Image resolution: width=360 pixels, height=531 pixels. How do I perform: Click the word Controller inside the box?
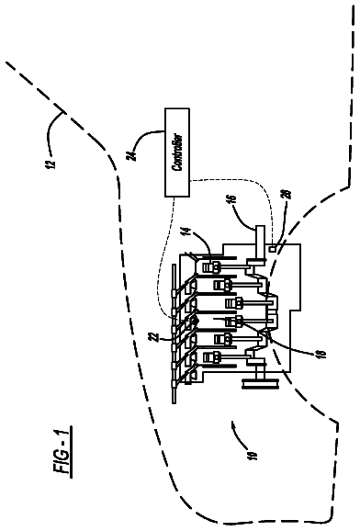177,153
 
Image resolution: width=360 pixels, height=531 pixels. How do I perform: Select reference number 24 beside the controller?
134,155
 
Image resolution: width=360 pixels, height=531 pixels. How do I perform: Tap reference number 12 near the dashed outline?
51,164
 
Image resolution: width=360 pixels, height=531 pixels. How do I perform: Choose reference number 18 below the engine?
321,353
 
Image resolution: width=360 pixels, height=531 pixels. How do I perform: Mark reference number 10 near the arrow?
253,454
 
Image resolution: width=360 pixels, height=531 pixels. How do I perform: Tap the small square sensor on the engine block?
273,250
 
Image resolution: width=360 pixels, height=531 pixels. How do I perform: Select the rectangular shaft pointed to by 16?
259,243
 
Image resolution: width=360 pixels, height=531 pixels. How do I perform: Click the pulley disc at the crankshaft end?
261,384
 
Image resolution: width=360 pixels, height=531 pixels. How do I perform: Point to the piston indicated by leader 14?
210,267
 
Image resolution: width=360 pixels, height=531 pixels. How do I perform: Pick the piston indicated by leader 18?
234,321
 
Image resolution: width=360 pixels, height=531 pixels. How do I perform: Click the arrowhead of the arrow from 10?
233,424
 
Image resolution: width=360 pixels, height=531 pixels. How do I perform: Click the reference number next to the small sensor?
287,194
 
